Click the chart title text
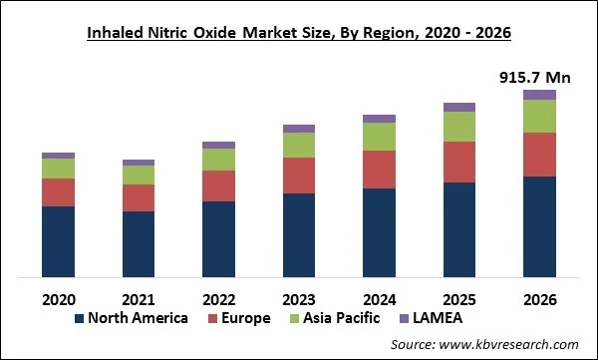click(x=299, y=33)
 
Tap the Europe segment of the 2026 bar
click(x=539, y=155)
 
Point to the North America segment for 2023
click(x=299, y=235)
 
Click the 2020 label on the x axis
click(x=58, y=298)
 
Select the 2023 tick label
click(x=299, y=298)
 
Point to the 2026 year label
click(x=539, y=298)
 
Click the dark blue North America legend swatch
click(x=79, y=319)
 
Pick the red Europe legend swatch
click(x=212, y=319)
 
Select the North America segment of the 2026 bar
click(x=539, y=226)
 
